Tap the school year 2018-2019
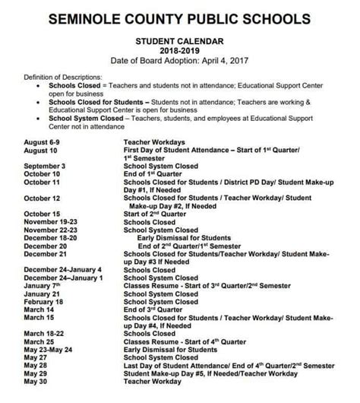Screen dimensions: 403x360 (179, 50)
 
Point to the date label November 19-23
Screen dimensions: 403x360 (51, 221)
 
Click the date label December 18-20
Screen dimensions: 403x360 (51, 237)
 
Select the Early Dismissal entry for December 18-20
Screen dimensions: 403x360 (184, 237)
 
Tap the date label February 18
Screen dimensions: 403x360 (43, 301)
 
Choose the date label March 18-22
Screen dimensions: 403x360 (45, 333)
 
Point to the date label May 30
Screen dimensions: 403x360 (36, 381)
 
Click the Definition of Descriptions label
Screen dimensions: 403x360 (62, 77)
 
